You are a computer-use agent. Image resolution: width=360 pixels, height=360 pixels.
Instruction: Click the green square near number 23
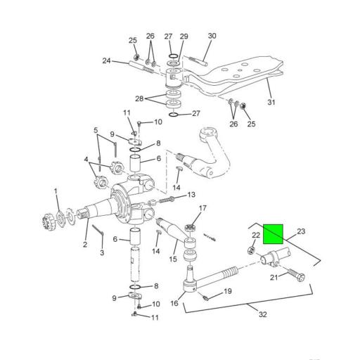273,233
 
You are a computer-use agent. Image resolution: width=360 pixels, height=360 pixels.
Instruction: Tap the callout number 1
56,191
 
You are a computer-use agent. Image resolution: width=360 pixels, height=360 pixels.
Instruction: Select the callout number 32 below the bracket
262,314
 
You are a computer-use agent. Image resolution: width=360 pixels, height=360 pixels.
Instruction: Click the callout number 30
212,36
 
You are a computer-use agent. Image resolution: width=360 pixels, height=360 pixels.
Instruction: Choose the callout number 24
106,61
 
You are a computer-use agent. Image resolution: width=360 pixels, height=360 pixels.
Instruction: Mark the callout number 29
184,36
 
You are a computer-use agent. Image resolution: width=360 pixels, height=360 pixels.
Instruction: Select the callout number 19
227,291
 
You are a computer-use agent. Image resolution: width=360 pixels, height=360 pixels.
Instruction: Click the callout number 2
84,245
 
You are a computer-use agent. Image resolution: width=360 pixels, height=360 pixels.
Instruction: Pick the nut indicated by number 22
251,249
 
